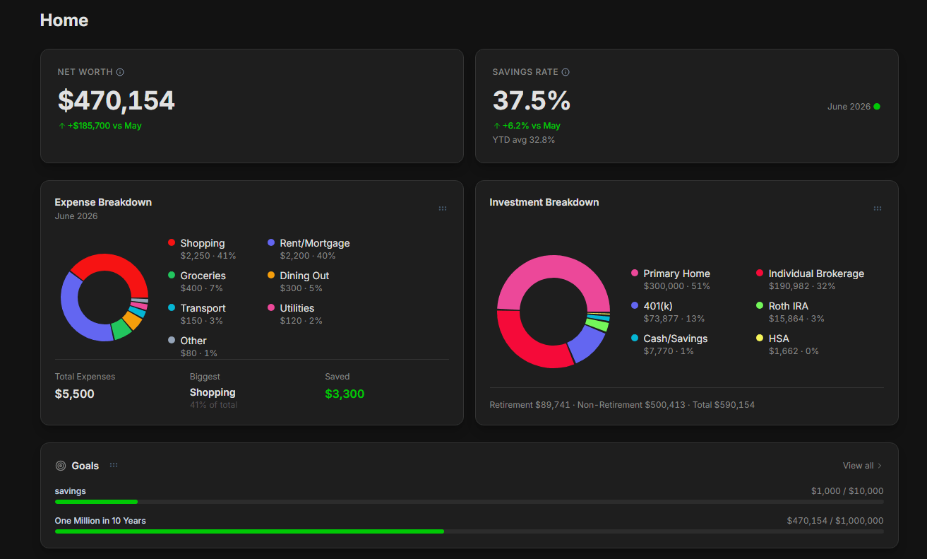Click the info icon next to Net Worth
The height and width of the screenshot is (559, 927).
click(x=120, y=72)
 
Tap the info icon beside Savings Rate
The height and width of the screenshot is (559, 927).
click(x=566, y=72)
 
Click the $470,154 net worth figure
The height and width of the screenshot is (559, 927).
click(x=116, y=100)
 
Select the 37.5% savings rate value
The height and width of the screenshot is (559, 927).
click(x=532, y=100)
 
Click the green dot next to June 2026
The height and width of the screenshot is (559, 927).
click(x=876, y=107)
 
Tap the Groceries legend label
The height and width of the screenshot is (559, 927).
click(x=203, y=276)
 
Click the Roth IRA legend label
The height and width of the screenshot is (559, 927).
click(x=788, y=306)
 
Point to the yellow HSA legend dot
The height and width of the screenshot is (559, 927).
click(x=760, y=338)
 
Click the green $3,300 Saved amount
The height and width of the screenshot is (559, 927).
click(x=345, y=394)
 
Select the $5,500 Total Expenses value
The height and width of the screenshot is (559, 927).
click(x=75, y=394)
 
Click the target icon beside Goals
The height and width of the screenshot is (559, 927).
click(x=61, y=466)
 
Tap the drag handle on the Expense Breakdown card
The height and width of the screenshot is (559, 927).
click(x=443, y=208)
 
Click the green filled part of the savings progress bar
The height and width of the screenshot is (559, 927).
click(x=96, y=502)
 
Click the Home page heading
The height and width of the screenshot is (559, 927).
click(x=64, y=20)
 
